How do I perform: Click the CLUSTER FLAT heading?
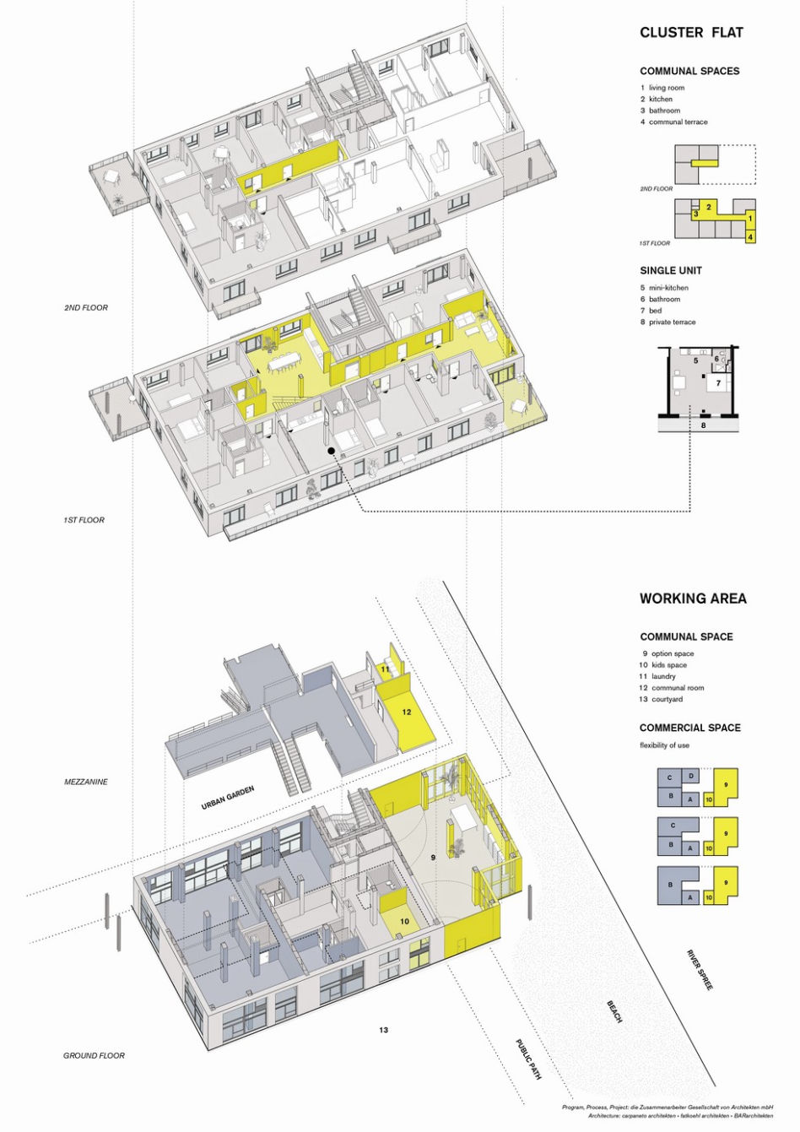click(691, 33)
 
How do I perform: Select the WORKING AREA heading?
click(693, 598)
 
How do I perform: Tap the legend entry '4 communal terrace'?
click(674, 122)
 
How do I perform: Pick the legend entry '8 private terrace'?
click(668, 322)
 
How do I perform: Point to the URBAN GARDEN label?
click(227, 798)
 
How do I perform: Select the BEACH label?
click(614, 997)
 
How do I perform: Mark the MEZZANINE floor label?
click(86, 782)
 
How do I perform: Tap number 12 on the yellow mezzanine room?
click(407, 712)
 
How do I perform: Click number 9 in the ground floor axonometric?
click(433, 858)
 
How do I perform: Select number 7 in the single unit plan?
click(718, 383)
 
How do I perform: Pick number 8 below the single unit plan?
click(703, 425)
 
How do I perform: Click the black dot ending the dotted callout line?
click(331, 450)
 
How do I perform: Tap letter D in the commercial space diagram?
click(691, 776)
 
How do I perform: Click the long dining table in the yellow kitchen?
click(284, 362)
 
